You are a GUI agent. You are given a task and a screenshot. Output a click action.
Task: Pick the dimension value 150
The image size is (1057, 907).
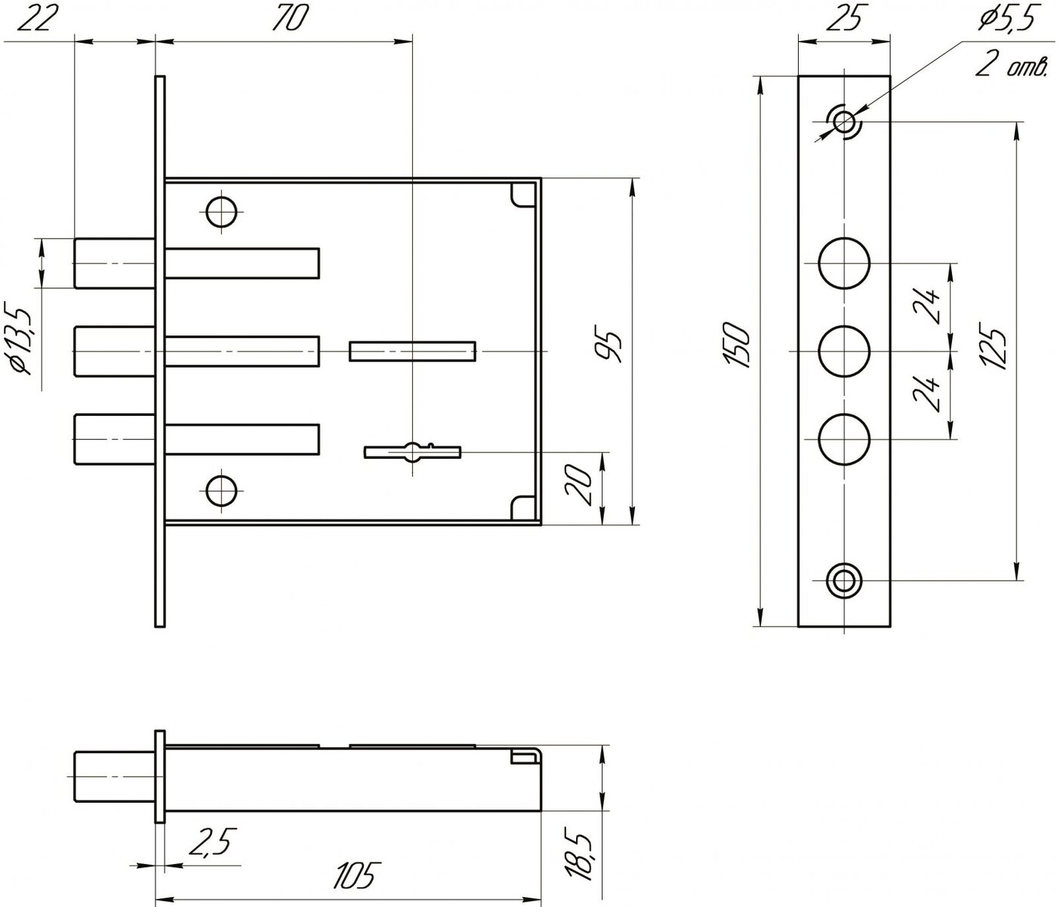pos(738,345)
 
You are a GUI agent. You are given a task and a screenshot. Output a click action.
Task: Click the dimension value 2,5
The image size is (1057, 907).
pos(213,841)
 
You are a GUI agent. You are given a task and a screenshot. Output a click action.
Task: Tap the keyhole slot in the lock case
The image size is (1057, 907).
pos(412,452)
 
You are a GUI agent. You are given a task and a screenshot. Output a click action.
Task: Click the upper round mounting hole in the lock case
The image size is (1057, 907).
pos(221,211)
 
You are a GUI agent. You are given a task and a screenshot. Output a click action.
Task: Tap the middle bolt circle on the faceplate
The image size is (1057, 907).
pos(844,351)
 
